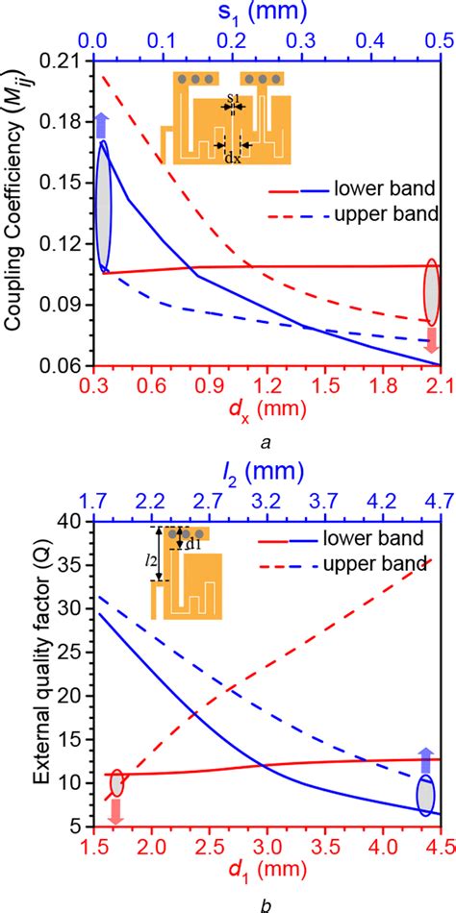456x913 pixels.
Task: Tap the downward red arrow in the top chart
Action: tap(432, 339)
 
